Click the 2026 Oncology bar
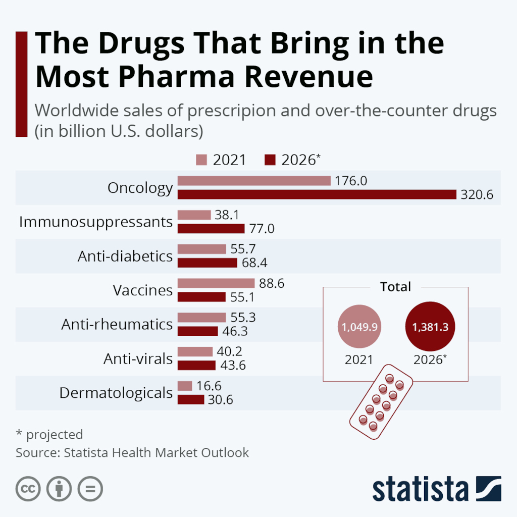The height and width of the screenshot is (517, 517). point(317,194)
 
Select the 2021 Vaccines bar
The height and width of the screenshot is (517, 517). point(216,283)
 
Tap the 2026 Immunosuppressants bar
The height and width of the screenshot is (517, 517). point(211,228)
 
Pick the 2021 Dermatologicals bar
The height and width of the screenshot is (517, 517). point(185,386)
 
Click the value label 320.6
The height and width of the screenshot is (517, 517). point(477,195)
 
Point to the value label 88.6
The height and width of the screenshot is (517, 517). point(271,284)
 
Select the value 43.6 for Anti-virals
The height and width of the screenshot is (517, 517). point(232,365)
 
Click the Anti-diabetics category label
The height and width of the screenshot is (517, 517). point(125,256)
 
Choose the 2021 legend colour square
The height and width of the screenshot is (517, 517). point(201,160)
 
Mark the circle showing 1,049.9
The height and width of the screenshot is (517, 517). point(359,327)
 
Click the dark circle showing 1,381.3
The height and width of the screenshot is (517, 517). point(430,327)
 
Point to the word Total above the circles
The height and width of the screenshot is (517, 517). point(395,287)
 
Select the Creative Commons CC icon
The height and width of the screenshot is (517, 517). point(28,488)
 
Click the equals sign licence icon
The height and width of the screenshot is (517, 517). point(90,488)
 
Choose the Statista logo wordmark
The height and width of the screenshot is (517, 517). point(421,489)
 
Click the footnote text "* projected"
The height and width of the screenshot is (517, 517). point(49,434)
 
